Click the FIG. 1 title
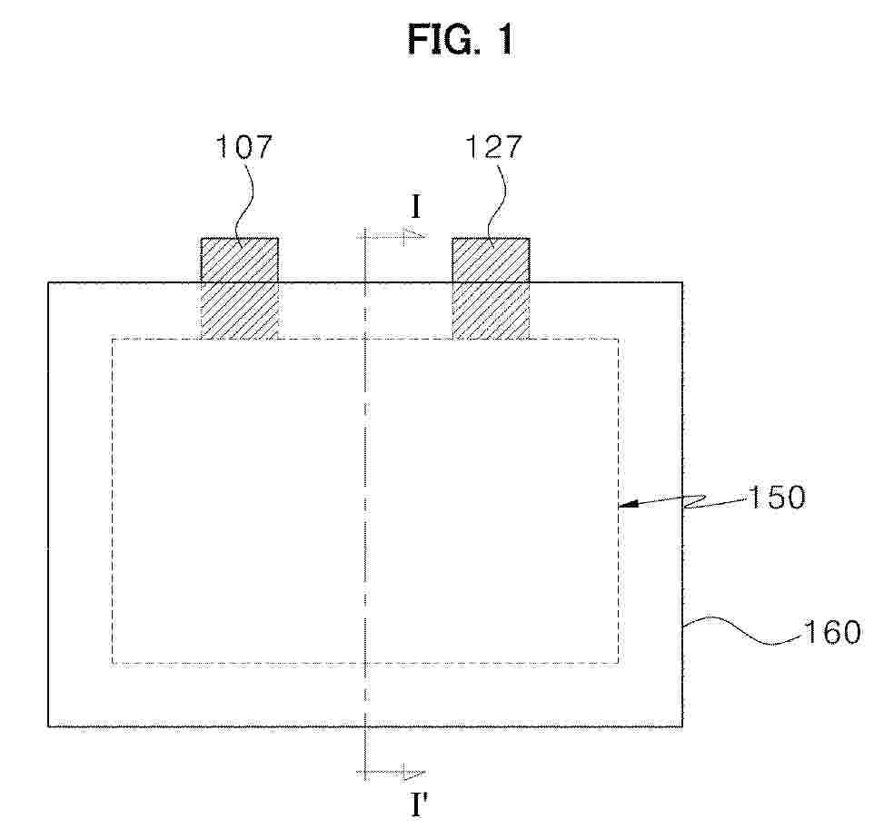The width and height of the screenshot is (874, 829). pos(461,40)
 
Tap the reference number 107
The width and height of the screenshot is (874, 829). pos(243,146)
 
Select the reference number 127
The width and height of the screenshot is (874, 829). pos(493,146)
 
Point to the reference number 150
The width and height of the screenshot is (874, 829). pos(776,497)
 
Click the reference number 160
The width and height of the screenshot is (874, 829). pos(831,632)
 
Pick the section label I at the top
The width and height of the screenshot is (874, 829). pos(416,208)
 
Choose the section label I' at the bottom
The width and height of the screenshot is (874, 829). pos(420,805)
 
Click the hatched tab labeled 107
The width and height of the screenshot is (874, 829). pos(239,289)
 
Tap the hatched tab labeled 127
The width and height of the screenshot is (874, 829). pos(491,289)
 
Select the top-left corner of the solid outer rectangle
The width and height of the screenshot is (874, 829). pos(48,283)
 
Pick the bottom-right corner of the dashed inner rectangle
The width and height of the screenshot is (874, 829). pos(618,663)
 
